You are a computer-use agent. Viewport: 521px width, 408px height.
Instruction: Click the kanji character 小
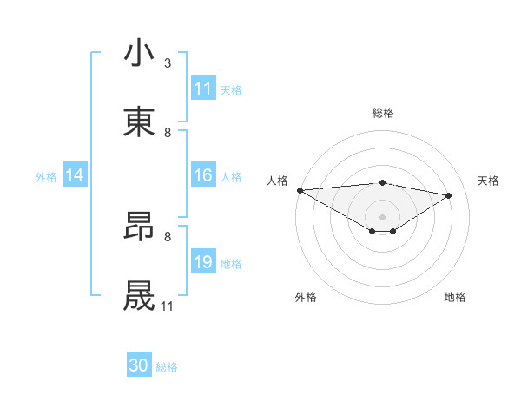(x=140, y=53)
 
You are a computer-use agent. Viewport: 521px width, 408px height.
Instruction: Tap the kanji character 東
(x=140, y=122)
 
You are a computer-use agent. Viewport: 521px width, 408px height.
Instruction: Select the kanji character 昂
(x=140, y=227)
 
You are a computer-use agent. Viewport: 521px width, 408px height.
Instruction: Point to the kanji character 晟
(x=140, y=296)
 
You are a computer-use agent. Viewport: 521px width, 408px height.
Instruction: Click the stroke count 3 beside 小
(x=168, y=63)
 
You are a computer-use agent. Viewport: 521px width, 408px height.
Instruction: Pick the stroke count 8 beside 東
(x=168, y=133)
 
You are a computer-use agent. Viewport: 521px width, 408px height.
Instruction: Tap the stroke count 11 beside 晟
(x=167, y=306)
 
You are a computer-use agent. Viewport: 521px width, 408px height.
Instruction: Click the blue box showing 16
(x=203, y=175)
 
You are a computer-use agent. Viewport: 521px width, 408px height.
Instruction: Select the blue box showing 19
(x=203, y=262)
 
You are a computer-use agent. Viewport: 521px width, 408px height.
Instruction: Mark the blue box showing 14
(x=75, y=175)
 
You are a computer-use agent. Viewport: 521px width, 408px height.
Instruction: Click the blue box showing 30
(x=139, y=365)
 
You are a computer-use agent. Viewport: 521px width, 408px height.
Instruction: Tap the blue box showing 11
(x=203, y=89)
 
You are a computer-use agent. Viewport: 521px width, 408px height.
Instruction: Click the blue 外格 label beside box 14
(x=46, y=176)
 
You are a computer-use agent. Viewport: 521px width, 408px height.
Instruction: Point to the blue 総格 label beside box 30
(x=167, y=367)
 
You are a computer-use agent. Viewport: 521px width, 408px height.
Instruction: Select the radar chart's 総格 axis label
(x=383, y=113)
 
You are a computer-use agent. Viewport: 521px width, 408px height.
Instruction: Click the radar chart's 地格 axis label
(x=455, y=297)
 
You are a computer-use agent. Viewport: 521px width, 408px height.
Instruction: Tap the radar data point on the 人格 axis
(x=300, y=190)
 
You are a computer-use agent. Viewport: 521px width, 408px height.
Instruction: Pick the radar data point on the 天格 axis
(x=449, y=195)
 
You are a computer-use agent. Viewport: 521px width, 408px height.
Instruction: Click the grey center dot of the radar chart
(x=383, y=216)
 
